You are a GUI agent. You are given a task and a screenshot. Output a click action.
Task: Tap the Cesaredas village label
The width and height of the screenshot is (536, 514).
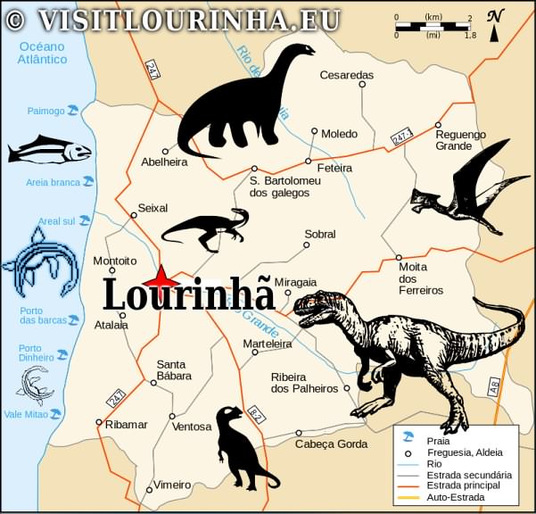point(347,75)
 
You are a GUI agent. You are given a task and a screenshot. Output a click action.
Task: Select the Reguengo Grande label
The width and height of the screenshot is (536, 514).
point(460,140)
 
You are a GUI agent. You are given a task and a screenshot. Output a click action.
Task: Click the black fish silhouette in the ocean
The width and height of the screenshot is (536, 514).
point(49,150)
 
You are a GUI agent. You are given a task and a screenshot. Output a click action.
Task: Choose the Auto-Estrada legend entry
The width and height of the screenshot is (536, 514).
point(455,496)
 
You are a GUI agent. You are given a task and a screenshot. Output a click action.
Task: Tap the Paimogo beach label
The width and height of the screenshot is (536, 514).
point(45,112)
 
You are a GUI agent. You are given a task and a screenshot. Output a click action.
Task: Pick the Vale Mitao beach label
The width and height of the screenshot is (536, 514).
point(26,414)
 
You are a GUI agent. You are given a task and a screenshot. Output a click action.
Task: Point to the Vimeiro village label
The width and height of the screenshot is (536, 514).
point(172,485)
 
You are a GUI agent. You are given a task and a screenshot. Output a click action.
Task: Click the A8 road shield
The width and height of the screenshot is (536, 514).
point(494,385)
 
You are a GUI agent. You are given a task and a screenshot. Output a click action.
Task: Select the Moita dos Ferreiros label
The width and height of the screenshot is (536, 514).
point(420,278)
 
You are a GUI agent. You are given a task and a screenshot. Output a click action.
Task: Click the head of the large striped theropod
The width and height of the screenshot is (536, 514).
point(317,308)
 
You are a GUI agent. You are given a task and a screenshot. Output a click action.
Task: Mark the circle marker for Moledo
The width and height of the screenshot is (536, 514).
point(314,131)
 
